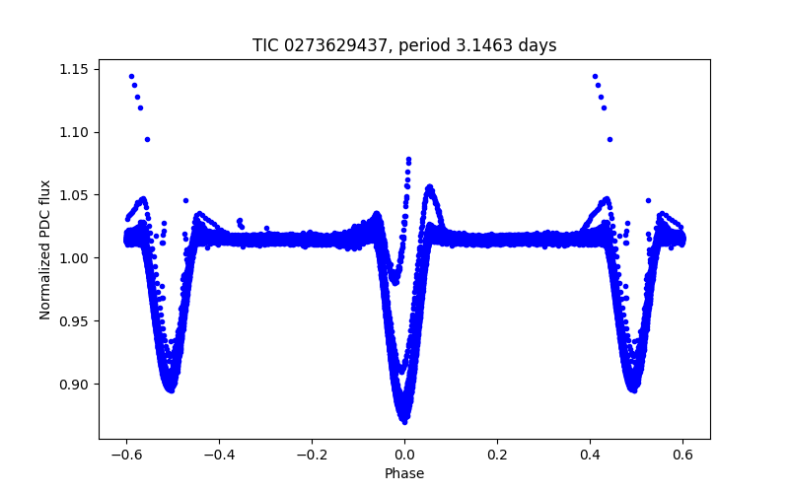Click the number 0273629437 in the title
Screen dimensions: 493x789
326,45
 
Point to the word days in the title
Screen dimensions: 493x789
531,45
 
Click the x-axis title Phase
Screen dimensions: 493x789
404,473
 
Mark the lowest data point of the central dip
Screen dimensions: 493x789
404,421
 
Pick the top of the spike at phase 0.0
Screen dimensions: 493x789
408,159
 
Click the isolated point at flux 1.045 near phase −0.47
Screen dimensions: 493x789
185,200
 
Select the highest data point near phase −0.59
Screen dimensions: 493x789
131,76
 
